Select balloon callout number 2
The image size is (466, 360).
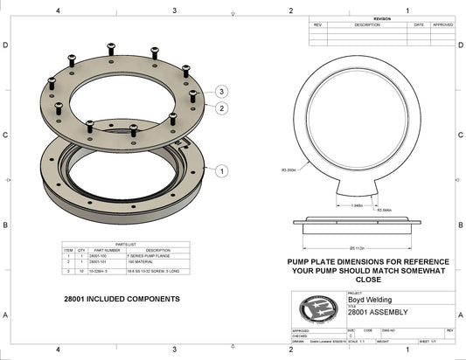223,108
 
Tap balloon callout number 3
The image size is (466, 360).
223,91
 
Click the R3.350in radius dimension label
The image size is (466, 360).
289,170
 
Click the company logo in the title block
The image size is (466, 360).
316,309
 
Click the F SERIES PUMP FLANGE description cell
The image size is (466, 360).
140,256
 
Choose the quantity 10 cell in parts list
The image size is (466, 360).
80,273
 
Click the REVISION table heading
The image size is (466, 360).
382,17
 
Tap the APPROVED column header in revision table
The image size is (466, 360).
442,24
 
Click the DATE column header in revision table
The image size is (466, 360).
419,24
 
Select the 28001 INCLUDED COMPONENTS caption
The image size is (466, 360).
122,299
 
